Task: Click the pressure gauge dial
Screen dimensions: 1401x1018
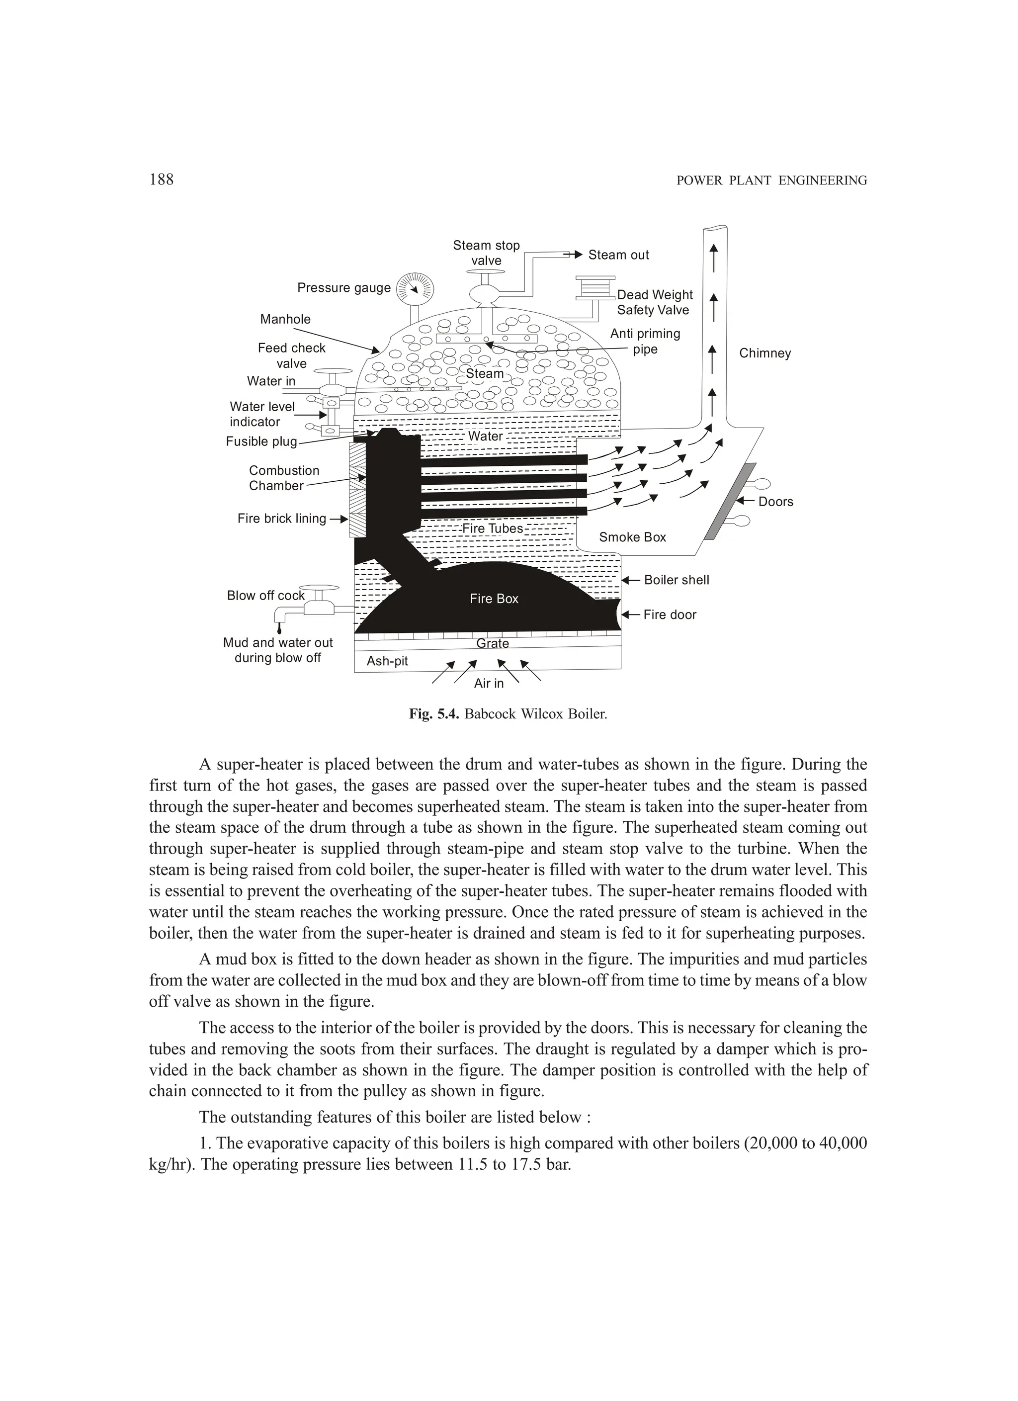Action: pyautogui.click(x=415, y=288)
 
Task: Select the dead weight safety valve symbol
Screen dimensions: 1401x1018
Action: pyautogui.click(x=595, y=288)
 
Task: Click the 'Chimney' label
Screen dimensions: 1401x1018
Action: pyautogui.click(x=764, y=353)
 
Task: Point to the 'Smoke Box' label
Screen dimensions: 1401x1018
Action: pyautogui.click(x=633, y=537)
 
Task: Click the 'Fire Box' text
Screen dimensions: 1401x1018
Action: pyautogui.click(x=494, y=599)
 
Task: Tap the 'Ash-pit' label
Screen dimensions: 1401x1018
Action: pyautogui.click(x=387, y=661)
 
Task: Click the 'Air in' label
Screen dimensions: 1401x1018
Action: pyautogui.click(x=489, y=683)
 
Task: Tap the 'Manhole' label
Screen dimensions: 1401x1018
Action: pyautogui.click(x=285, y=319)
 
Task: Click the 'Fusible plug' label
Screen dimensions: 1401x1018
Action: pyautogui.click(x=261, y=441)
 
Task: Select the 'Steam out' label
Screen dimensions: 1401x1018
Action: pyautogui.click(x=618, y=255)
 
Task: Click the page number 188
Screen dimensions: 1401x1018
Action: pyautogui.click(x=161, y=180)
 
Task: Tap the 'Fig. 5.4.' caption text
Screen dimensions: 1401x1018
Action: pyautogui.click(x=433, y=715)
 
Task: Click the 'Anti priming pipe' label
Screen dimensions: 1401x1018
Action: pyautogui.click(x=645, y=342)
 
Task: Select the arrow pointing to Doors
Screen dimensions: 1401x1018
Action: pyautogui.click(x=746, y=502)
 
